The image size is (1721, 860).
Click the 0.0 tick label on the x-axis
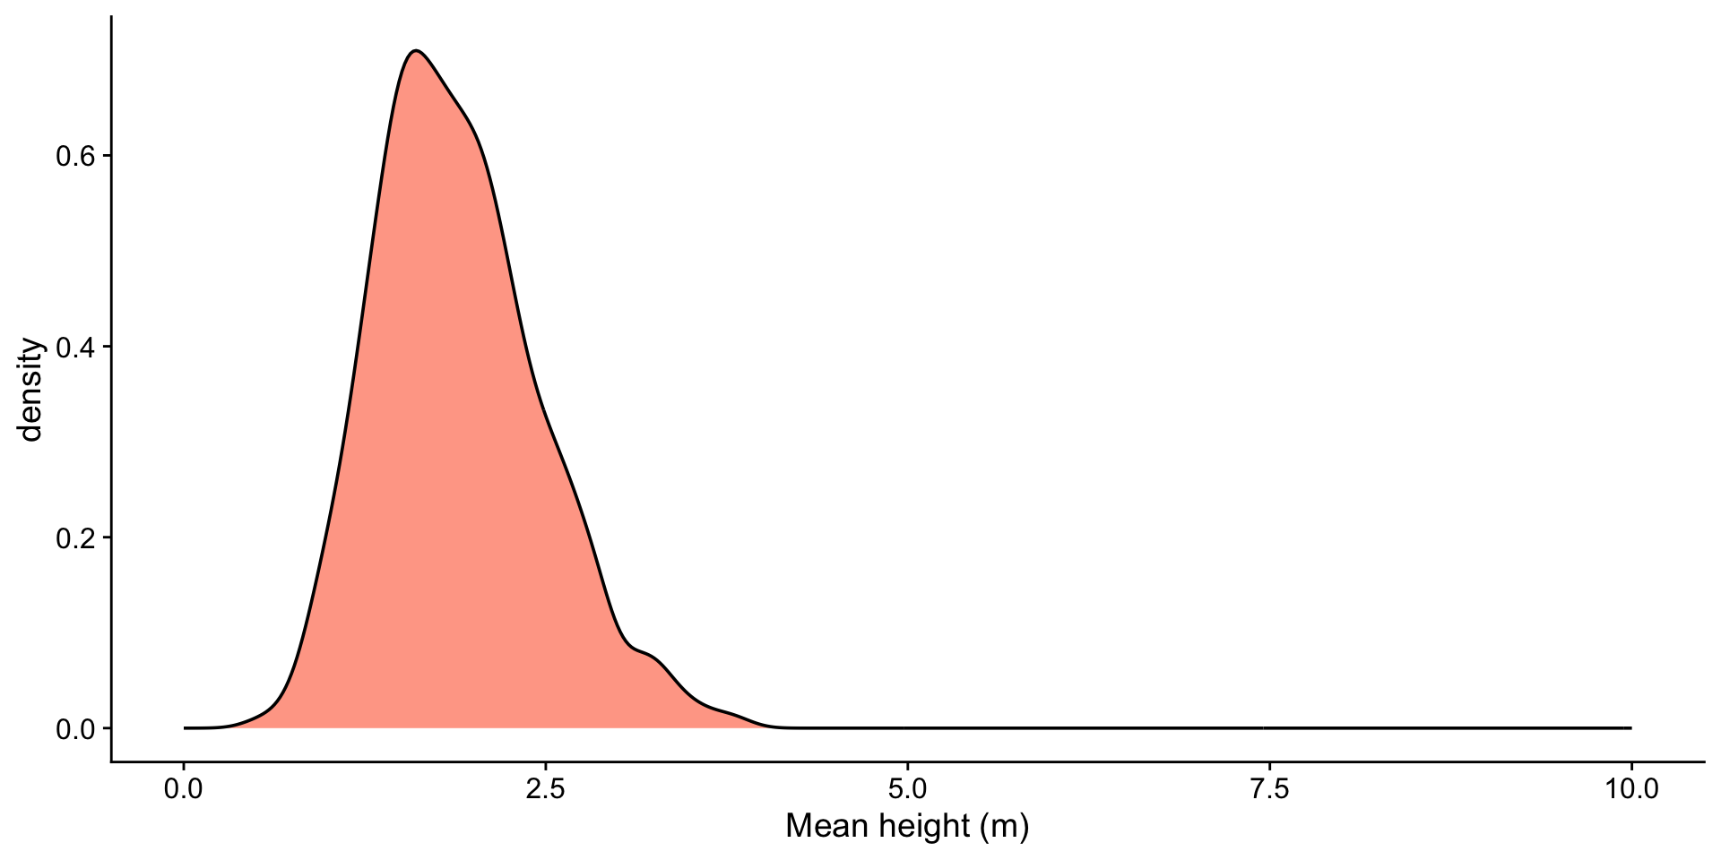coord(184,790)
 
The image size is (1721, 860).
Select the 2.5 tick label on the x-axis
coord(546,790)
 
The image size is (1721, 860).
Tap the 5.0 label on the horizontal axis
coord(908,790)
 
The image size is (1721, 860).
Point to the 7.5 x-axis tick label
coord(1269,790)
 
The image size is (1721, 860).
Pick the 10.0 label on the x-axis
coord(1630,790)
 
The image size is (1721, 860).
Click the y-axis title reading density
coord(31,389)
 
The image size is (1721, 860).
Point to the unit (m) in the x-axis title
coord(1004,826)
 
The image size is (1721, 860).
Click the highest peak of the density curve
coord(414,50)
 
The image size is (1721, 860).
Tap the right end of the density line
coord(1630,728)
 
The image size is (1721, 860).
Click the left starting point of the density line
coord(185,728)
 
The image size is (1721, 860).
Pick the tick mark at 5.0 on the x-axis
coord(908,767)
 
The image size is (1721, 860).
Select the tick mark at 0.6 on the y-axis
coord(107,156)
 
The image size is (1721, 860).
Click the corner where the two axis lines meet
coord(111,762)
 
